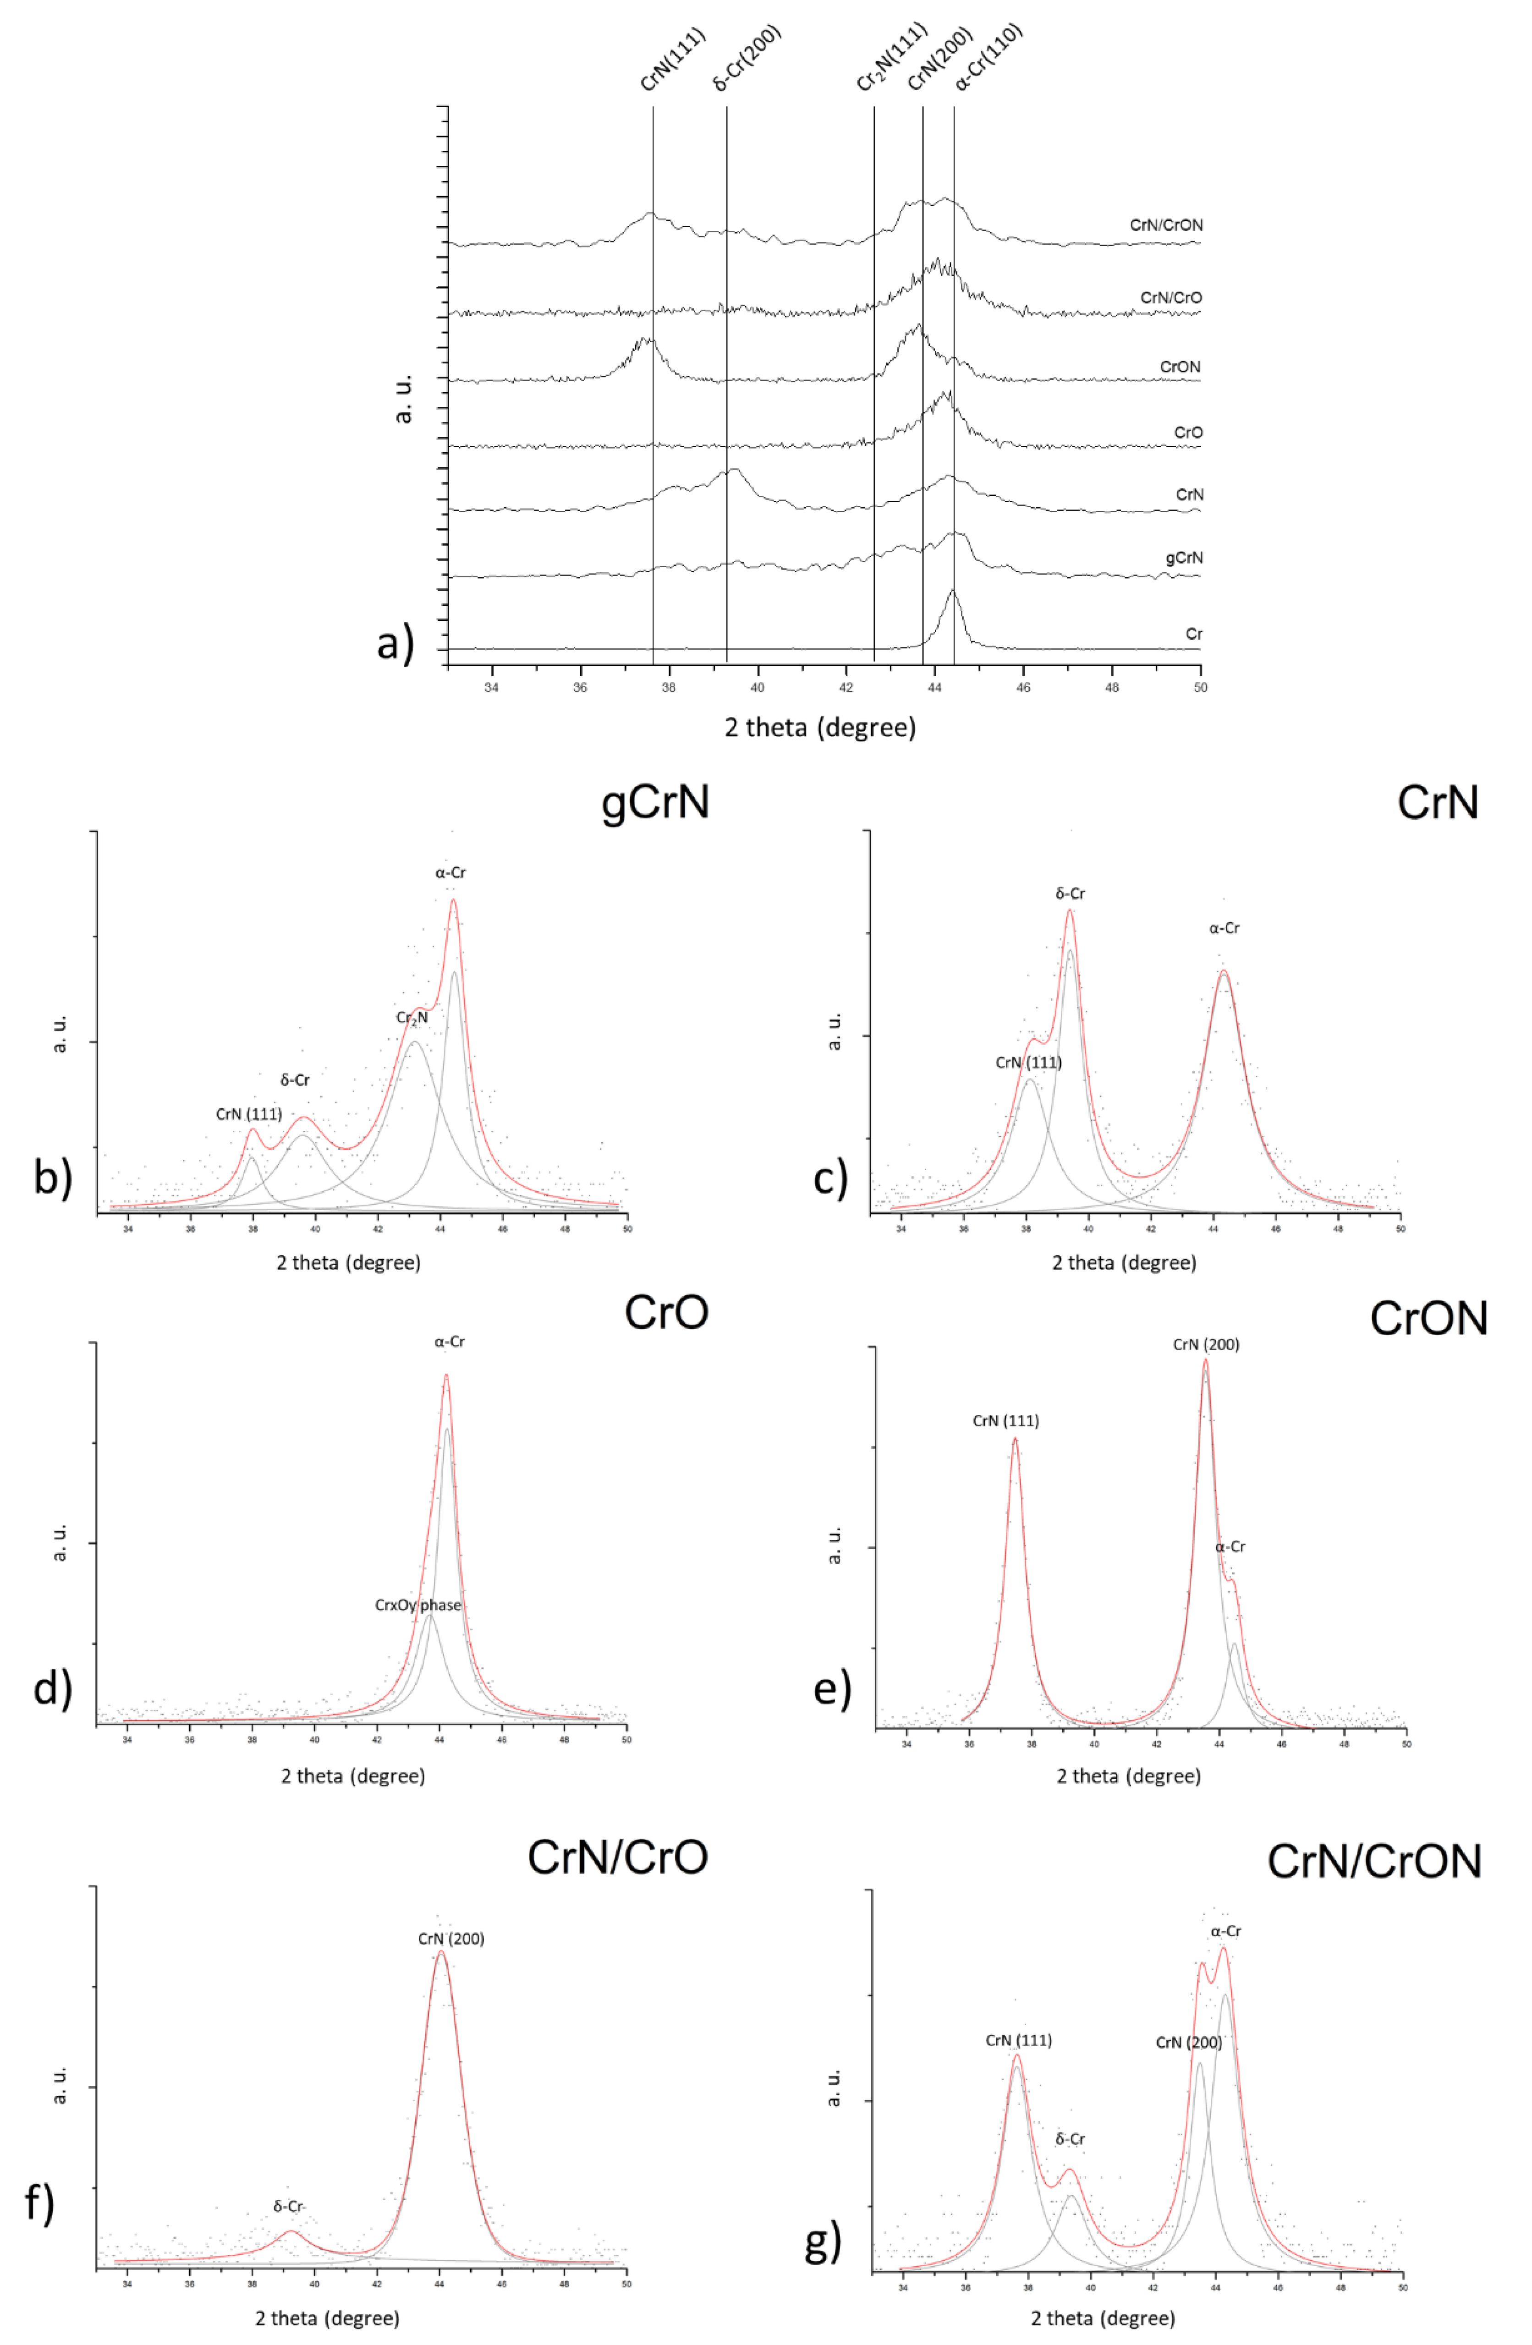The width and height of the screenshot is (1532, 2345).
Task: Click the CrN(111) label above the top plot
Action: point(673,61)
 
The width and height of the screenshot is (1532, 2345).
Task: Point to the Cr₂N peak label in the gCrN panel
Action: point(412,1018)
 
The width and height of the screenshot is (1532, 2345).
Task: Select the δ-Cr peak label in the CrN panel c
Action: point(1070,893)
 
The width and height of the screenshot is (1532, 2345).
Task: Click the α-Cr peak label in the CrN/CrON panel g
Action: point(1225,1931)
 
